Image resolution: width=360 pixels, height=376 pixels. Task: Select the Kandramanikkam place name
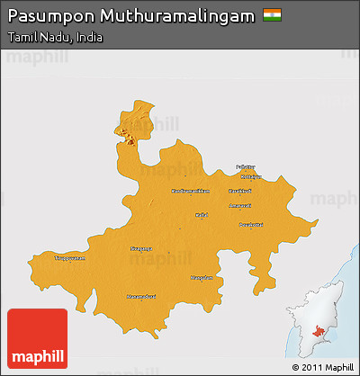click(x=190, y=191)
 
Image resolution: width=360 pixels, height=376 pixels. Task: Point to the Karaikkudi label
click(x=240, y=191)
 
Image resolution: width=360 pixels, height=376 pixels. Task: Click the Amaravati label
click(x=240, y=206)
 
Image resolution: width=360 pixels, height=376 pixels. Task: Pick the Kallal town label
click(x=202, y=215)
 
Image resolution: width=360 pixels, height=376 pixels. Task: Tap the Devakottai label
click(x=249, y=224)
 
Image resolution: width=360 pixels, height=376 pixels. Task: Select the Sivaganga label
click(x=142, y=248)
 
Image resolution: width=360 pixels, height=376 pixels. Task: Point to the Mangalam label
click(x=202, y=278)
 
